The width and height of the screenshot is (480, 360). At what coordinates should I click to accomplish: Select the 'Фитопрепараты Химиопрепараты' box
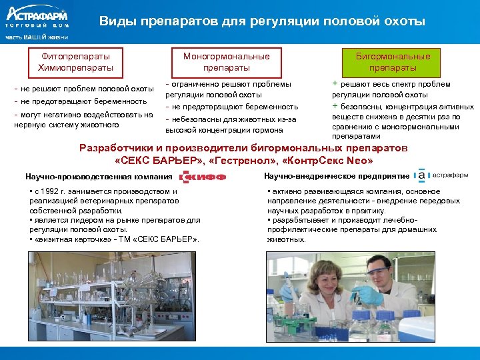tap(75, 62)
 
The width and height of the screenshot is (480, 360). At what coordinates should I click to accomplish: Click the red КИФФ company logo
tap(203, 177)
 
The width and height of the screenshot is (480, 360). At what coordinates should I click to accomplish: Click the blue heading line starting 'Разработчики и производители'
tap(243, 148)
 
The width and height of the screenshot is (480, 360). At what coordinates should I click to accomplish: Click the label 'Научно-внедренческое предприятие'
tap(336, 175)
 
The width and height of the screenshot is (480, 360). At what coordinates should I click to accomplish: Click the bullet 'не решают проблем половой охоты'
tap(84, 89)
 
